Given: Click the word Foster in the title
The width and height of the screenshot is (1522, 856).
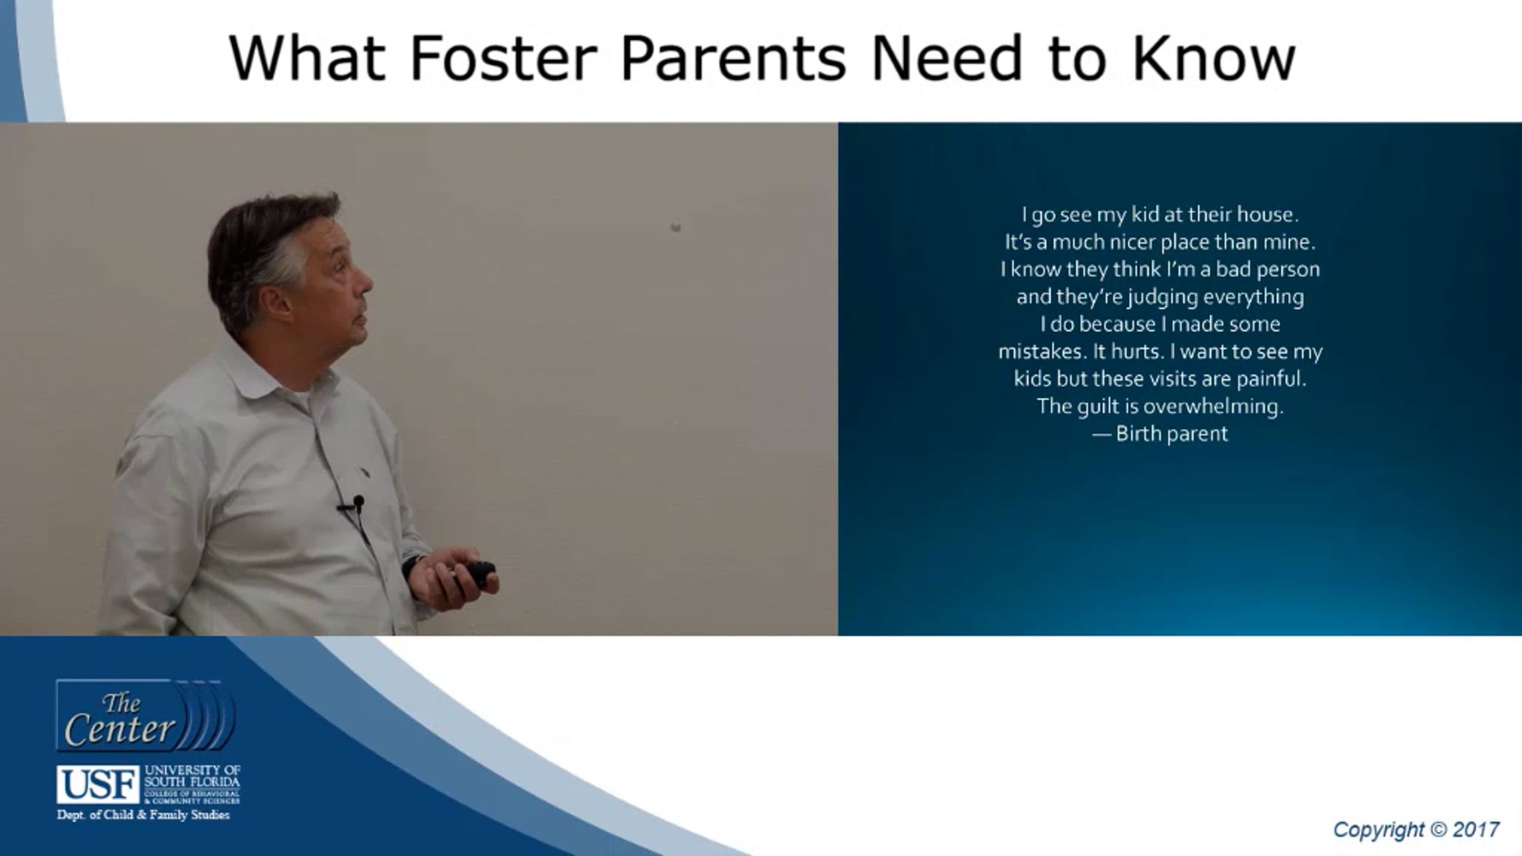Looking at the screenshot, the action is [x=504, y=58].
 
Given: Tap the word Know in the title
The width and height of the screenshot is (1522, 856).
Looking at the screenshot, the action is [x=1213, y=58].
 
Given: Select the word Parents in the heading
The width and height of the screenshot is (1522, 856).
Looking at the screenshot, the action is [x=733, y=58].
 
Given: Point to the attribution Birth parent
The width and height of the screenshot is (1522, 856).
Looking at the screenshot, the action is [x=1160, y=434].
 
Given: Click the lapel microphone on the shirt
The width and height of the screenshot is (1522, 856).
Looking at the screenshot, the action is [x=358, y=503].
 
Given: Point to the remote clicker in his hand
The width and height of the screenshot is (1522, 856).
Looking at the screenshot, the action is [x=474, y=574].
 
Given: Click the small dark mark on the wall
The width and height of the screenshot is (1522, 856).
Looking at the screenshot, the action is [x=676, y=227].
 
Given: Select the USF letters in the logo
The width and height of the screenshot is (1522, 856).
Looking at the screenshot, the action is [x=98, y=784].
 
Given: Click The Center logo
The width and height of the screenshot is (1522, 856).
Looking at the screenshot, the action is [x=146, y=715].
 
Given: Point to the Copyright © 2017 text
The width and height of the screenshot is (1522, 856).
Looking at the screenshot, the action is [x=1415, y=829].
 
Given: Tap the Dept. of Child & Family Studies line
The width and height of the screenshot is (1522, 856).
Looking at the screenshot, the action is [x=143, y=815].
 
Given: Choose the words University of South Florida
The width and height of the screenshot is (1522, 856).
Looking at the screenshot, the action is [x=192, y=775].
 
